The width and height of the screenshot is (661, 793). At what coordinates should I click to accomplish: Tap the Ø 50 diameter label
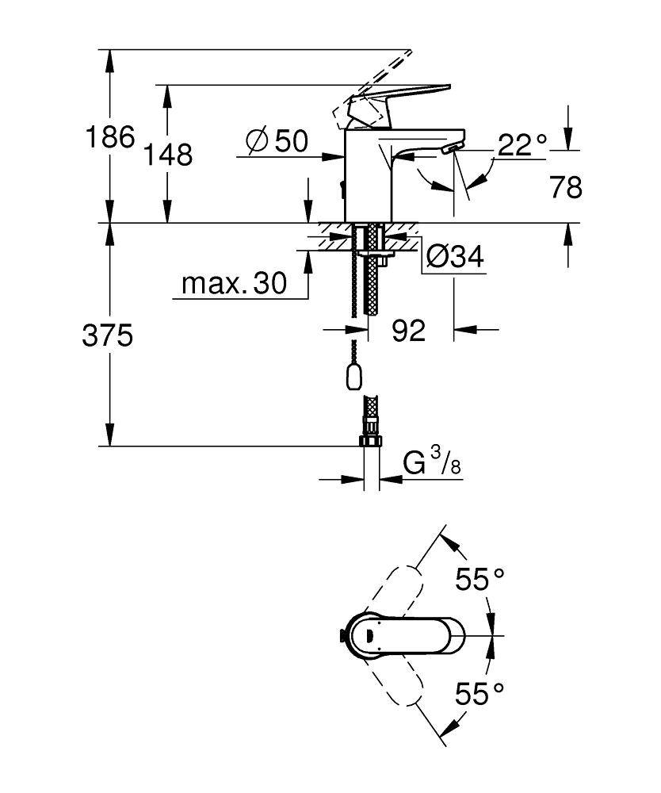[276, 141]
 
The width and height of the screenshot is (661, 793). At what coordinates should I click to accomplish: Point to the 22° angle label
[523, 144]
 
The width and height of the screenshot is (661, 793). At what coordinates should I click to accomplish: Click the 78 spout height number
[565, 187]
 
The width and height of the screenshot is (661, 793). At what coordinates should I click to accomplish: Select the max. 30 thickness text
[234, 283]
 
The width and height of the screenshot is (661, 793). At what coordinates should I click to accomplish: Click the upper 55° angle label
[480, 580]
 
